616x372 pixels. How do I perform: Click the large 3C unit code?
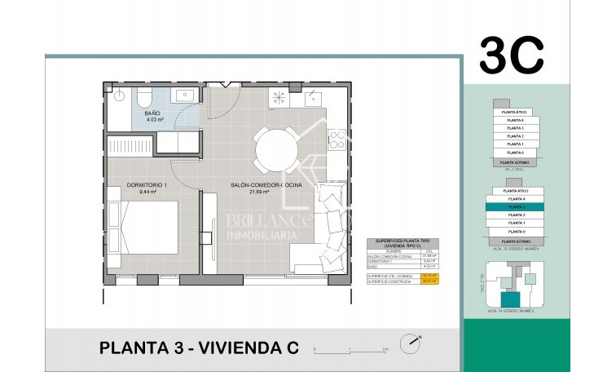[x=511, y=54]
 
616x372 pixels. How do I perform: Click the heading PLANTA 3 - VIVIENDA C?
[x=199, y=348]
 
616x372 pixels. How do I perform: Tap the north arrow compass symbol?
[x=410, y=344]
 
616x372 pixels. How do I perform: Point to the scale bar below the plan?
[x=350, y=350]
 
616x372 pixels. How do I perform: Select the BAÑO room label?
[x=152, y=113]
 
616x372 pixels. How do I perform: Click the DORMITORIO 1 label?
[x=147, y=186]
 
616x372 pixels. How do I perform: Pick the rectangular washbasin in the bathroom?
[x=181, y=92]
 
